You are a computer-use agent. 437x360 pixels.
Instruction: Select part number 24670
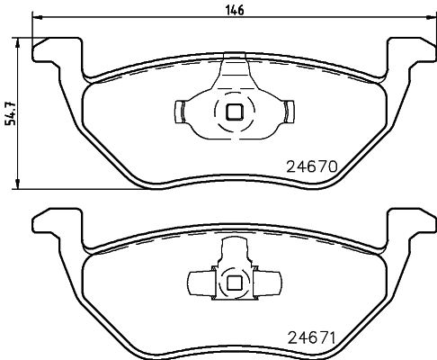(309, 166)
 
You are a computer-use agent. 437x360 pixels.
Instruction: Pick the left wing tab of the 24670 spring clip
(179, 112)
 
